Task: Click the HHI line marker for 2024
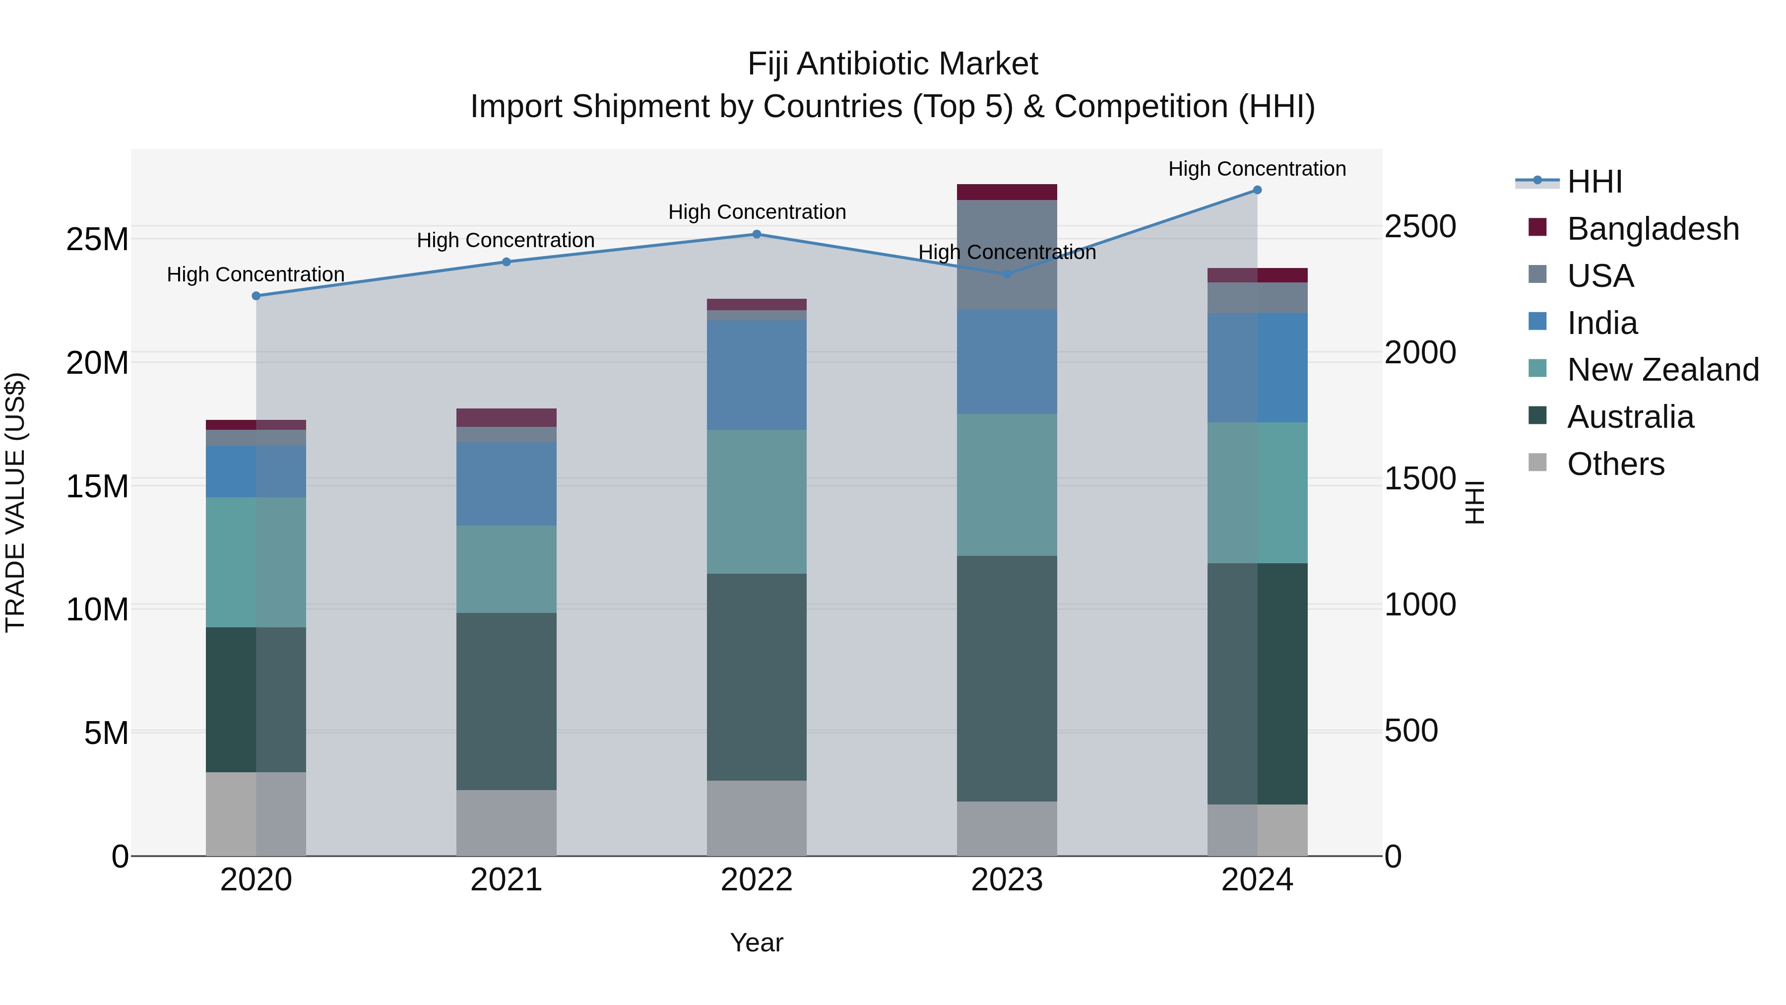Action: [x=1257, y=190]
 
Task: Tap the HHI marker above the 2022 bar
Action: [x=757, y=234]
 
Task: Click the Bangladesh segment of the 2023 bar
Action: [x=1007, y=192]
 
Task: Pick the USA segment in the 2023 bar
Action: [x=1007, y=255]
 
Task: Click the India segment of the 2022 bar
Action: [x=757, y=375]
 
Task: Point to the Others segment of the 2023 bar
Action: [x=1007, y=828]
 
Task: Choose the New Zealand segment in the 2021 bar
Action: [x=506, y=569]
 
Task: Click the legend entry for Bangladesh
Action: [x=1653, y=229]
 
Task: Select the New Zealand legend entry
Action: [x=1662, y=370]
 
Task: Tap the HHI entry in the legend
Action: [x=1595, y=182]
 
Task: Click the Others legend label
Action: [x=1615, y=464]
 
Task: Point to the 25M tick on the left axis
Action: [x=97, y=239]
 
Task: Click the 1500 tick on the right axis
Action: [x=1420, y=478]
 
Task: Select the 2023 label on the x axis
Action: [x=1007, y=880]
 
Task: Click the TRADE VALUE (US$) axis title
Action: [x=15, y=502]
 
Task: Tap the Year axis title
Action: [x=757, y=942]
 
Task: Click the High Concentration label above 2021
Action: [x=506, y=240]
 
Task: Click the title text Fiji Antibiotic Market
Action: [x=893, y=64]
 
